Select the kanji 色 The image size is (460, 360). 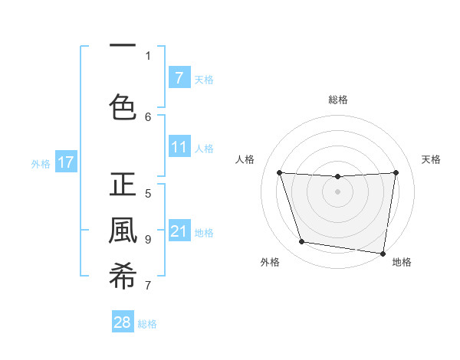123,107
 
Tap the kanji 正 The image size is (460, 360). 123,186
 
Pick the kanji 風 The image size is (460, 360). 123,231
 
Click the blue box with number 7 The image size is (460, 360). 179,77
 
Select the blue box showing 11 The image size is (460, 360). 179,147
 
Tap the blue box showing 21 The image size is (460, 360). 179,231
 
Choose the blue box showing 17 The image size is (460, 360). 65,162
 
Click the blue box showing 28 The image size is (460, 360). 123,322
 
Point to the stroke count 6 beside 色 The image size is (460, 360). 148,116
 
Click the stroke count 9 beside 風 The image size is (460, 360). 148,239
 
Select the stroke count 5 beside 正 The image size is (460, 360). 148,193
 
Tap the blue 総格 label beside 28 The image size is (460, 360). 147,324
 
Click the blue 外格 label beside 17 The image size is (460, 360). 41,163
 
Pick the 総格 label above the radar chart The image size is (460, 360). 338,100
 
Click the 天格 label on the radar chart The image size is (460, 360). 432,159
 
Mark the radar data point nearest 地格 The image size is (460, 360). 383,253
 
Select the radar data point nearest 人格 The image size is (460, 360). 279,173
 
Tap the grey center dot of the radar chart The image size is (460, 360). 337,191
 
